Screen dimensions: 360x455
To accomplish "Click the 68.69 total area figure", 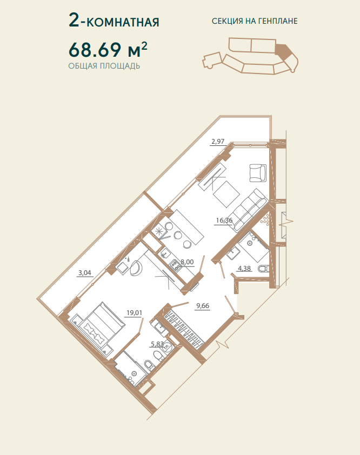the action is coord(95,50).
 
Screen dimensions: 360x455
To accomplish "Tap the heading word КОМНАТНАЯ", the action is coord(123,22).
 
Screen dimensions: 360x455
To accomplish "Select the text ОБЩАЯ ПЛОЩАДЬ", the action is coord(104,66).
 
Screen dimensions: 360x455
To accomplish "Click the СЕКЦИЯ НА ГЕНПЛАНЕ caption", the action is coord(255,21).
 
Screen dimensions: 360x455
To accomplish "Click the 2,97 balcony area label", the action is coord(218,142).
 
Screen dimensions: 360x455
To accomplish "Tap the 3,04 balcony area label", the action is coord(85,273).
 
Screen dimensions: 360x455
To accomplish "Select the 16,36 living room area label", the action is coord(224,220).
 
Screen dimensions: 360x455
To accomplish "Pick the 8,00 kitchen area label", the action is coord(187,262).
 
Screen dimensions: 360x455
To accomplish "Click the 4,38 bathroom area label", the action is coord(244,269).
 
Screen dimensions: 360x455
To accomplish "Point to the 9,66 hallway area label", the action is coord(203,306).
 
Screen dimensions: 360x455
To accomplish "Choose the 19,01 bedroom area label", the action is coord(134,313).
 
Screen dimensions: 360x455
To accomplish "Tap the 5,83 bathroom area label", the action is coord(157,344).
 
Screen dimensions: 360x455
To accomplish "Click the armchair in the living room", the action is coord(258,173).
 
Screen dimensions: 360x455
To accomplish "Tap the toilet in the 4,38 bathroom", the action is coord(264,269).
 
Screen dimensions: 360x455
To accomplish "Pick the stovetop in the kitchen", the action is coord(175,265).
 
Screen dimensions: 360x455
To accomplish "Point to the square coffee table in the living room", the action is coord(226,194).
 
